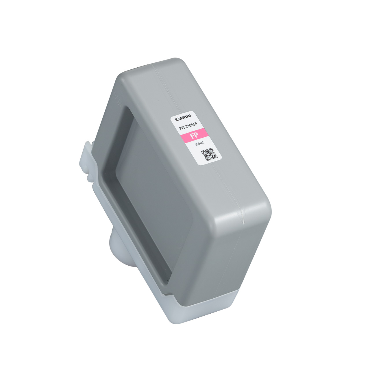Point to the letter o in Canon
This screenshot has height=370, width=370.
tap(186, 116)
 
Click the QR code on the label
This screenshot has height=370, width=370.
tap(209, 154)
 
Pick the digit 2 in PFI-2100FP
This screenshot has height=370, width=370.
tap(187, 127)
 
